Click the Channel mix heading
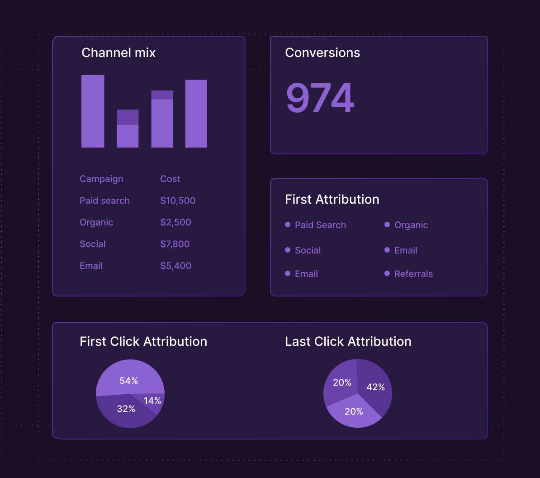pos(118,53)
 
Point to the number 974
pos(320,98)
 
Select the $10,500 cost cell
pos(178,201)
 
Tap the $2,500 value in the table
pos(175,222)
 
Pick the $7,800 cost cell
pos(175,244)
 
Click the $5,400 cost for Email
pos(175,266)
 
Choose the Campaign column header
pos(101,179)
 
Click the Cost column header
pos(170,179)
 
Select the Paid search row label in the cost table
pos(104,201)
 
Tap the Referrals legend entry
pos(413,274)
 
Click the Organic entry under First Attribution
pos(411,225)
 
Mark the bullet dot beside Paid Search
pos(288,225)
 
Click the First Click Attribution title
pos(143,341)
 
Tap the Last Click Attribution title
pos(348,341)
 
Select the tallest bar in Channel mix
pos(93,111)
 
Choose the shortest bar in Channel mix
pos(128,129)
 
